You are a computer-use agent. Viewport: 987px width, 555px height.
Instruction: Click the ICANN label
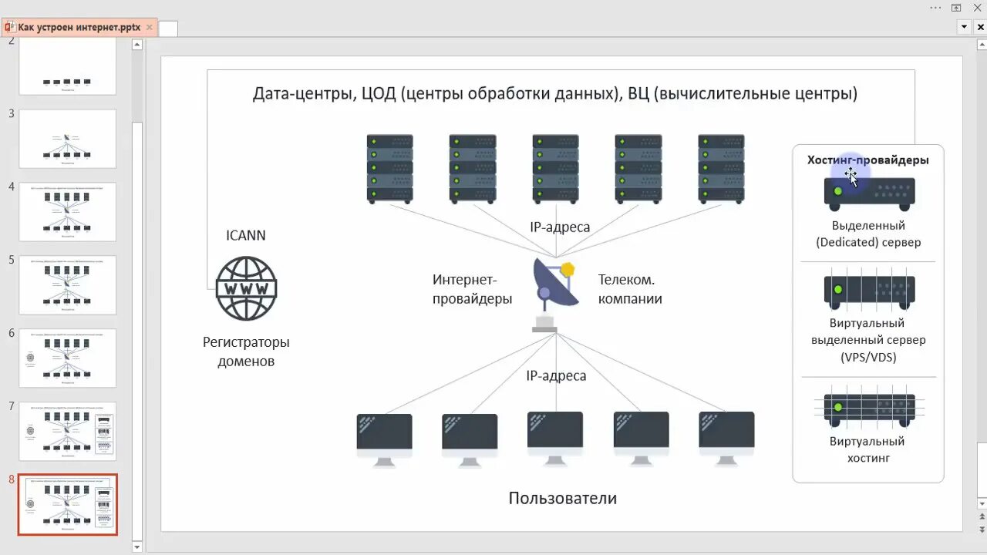[x=245, y=235]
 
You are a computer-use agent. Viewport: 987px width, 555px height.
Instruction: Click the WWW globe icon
[x=246, y=288]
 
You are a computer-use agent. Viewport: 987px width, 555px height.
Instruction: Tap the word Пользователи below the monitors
[x=562, y=498]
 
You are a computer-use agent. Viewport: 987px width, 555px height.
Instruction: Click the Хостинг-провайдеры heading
[x=867, y=160]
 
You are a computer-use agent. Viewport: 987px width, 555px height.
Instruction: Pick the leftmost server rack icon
[x=389, y=168]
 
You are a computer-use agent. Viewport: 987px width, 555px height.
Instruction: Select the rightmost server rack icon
[x=721, y=168]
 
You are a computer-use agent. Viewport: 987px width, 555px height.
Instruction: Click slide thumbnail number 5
[x=67, y=284]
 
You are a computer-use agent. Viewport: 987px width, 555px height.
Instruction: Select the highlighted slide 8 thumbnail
[x=67, y=504]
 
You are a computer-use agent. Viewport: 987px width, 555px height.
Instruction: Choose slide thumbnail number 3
[x=67, y=138]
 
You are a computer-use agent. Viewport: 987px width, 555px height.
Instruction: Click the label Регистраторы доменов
[x=246, y=351]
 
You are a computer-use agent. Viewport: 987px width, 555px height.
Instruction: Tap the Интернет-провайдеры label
[x=472, y=289]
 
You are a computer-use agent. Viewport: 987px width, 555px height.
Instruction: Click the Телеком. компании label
[x=630, y=289]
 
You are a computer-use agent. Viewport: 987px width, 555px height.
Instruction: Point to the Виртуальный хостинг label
[x=867, y=449]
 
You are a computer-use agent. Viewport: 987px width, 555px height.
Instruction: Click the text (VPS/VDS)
[x=868, y=357]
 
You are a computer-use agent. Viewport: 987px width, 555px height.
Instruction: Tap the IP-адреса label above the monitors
[x=556, y=376]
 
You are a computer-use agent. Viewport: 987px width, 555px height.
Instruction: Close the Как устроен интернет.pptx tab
[x=150, y=28]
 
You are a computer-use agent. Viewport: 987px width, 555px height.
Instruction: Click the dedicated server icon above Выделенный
[x=869, y=193]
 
